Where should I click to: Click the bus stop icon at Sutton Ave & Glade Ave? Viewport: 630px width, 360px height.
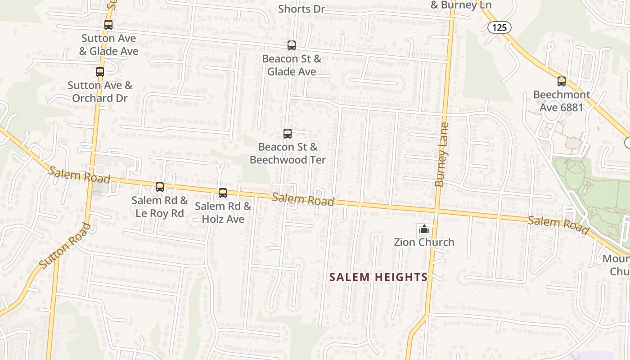click(108, 25)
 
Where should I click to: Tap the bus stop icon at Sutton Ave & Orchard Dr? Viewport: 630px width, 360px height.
click(100, 72)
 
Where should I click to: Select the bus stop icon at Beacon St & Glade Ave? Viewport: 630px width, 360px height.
click(292, 45)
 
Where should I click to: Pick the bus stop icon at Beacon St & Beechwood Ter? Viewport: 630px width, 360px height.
click(288, 134)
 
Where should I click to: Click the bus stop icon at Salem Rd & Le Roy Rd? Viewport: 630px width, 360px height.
click(160, 187)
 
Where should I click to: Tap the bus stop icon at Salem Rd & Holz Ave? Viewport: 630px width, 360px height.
click(223, 193)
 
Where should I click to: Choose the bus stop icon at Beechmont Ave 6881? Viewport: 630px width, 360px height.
click(562, 81)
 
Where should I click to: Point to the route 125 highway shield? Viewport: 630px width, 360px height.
click(499, 27)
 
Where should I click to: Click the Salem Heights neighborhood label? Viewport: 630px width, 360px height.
click(378, 277)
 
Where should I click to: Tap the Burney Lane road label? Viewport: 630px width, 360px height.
click(442, 155)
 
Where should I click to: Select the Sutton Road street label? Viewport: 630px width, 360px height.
click(65, 246)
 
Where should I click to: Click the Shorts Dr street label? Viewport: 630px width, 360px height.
click(301, 9)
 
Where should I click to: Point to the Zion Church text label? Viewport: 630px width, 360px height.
click(424, 242)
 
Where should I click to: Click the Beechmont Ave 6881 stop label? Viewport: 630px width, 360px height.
click(562, 101)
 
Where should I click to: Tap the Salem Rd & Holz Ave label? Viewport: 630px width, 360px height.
click(223, 212)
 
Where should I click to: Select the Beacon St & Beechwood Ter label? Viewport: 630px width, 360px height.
click(288, 153)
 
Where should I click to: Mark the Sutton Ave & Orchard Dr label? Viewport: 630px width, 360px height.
click(100, 91)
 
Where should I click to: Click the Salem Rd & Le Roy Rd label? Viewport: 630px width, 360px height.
click(160, 207)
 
